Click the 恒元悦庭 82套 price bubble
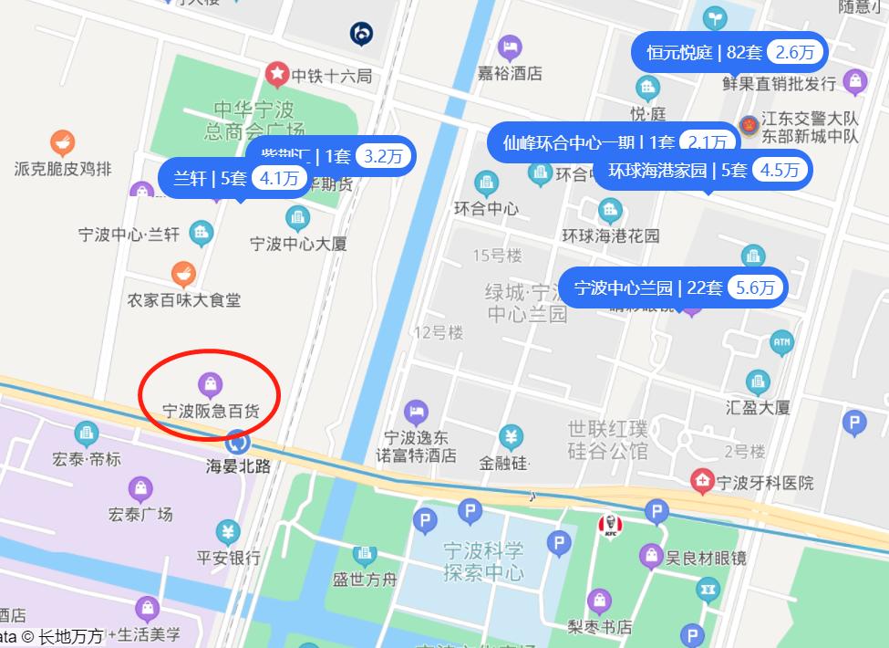pos(729,52)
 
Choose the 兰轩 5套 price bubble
pos(234,178)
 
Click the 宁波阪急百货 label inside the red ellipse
pos(211,412)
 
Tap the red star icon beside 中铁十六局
pos(276,74)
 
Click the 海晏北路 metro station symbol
pos(238,443)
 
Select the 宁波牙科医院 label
pos(765,483)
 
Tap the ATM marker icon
pos(781,344)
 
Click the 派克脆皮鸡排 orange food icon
pos(62,142)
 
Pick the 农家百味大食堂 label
pos(184,299)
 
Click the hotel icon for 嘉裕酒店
pos(510,47)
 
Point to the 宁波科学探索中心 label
pos(483,562)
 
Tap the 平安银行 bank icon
pos(228,531)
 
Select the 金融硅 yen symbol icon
pos(512,437)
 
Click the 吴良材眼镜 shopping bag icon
pos(651,555)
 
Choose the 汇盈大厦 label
pos(758,407)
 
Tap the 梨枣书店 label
pos(599,627)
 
